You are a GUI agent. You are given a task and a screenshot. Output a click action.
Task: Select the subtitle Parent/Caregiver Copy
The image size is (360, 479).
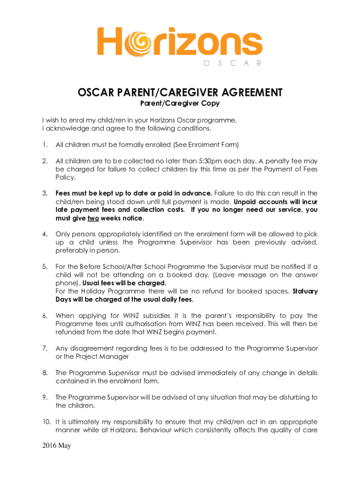(180, 103)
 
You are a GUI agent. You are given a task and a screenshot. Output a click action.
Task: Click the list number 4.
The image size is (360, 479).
(44, 234)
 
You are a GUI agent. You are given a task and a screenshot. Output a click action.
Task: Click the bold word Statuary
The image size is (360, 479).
(305, 291)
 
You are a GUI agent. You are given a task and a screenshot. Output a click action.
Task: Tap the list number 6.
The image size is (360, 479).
(44, 316)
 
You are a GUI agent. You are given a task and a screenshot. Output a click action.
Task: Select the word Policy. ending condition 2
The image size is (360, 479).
(65, 178)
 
